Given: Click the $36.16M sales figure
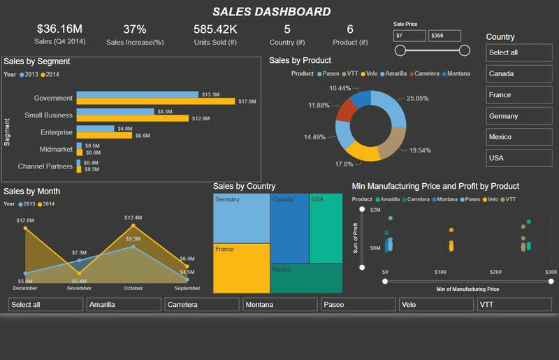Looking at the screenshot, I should click(59, 29).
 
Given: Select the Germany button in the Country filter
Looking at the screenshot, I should click(518, 116).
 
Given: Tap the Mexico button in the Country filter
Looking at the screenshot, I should click(518, 137).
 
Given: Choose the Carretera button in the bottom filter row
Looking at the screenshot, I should click(202, 305).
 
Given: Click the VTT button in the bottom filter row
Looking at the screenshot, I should click(514, 305).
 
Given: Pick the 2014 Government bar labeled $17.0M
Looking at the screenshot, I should click(156, 101).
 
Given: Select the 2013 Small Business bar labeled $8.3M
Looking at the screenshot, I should click(115, 111).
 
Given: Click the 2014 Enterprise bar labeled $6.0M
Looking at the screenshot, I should click(104, 136).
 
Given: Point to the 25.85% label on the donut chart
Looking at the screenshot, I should click(418, 99).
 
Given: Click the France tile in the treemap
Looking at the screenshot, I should click(241, 268).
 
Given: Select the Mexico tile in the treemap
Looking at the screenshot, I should click(307, 278).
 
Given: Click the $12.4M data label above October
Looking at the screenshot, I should click(133, 218).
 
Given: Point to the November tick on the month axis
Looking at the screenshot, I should click(79, 288).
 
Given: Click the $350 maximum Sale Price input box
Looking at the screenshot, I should click(444, 36).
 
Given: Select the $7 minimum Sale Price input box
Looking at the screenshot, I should click(409, 36).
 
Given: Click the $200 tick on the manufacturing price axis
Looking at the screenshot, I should click(495, 271).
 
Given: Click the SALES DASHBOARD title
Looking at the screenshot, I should click(272, 11).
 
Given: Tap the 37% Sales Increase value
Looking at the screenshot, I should click(135, 29).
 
